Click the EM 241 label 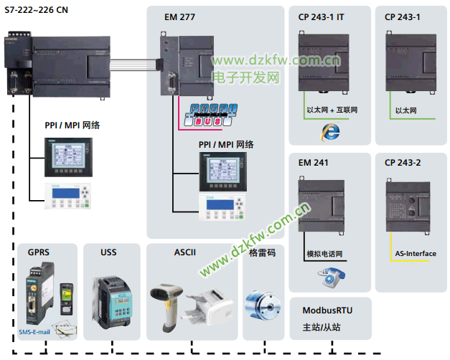tap(314, 163)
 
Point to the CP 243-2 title tap(403, 163)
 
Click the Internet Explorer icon tap(331, 131)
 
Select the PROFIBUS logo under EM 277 tap(212, 115)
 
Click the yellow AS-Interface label tap(416, 254)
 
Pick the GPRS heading tap(39, 252)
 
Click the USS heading tap(109, 252)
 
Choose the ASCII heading tap(184, 252)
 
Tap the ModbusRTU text tap(327, 311)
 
